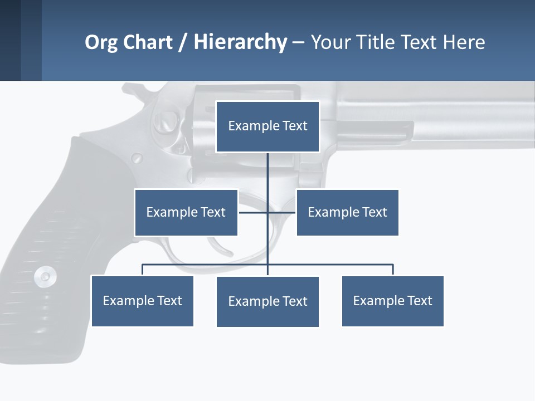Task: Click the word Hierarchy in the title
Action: pos(240,42)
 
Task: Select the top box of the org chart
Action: pos(267,126)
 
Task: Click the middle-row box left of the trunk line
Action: pos(186,212)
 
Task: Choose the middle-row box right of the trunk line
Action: pos(347,212)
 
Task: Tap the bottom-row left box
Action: pos(142,301)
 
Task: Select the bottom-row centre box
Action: pos(267,301)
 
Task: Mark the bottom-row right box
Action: pos(392,301)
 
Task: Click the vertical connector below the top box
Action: pos(267,178)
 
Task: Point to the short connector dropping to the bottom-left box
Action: pos(142,270)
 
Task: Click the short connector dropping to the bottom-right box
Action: pos(393,270)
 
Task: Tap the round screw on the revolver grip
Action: pos(45,276)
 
